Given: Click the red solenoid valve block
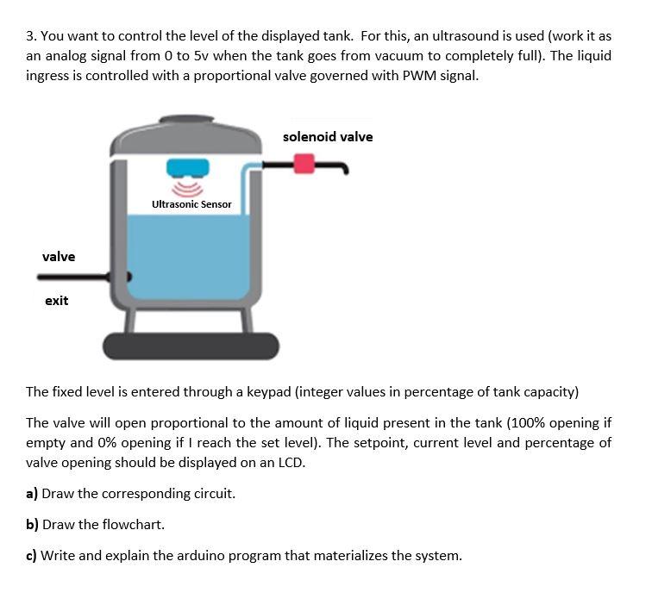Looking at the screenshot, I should (304, 163).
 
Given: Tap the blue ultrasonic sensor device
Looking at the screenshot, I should (188, 166).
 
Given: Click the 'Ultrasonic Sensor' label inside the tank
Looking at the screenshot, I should (191, 204).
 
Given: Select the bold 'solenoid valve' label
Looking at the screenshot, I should (328, 137).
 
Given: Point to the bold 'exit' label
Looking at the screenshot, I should (56, 301).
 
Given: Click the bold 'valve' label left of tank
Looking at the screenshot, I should (59, 257).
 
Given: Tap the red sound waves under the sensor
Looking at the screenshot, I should (188, 187).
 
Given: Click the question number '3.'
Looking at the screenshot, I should (31, 36).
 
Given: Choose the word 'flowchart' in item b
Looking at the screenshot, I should (133, 525).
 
